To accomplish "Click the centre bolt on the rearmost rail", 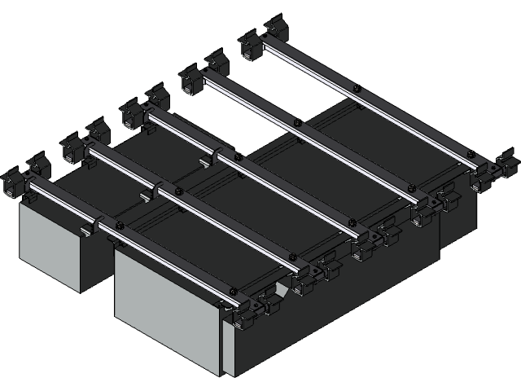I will (x=356, y=87).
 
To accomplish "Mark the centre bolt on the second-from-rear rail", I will (x=297, y=122).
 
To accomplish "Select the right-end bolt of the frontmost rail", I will (x=233, y=292).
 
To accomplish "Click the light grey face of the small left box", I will (x=49, y=244).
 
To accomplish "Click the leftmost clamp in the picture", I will (x=13, y=182).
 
